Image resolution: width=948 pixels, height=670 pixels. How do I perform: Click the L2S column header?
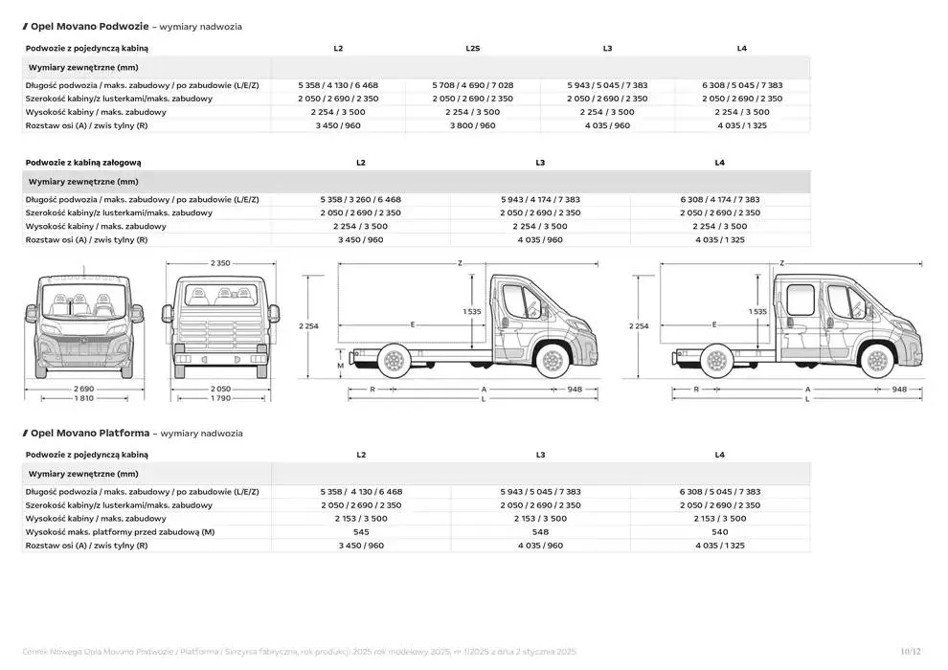(473, 48)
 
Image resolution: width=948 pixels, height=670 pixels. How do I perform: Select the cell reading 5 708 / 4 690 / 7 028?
(473, 85)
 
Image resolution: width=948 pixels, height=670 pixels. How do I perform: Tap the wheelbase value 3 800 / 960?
(473, 125)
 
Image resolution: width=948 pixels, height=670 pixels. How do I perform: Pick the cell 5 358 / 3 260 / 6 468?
(360, 199)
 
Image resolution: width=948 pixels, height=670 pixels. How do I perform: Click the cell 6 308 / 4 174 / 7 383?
(720, 199)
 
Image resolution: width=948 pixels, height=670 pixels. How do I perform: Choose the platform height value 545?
(360, 531)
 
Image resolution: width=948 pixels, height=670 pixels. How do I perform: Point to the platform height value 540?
(720, 531)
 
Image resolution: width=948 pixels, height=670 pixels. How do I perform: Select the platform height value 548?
(540, 531)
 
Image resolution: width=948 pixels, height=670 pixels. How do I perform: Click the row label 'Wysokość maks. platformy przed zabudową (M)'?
(120, 531)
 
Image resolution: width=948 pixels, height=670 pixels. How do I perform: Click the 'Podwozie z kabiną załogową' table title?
(83, 163)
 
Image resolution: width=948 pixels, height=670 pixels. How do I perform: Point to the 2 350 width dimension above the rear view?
(220, 263)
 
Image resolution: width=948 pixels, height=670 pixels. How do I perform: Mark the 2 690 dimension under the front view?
(84, 388)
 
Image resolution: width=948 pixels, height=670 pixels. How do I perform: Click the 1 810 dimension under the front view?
(84, 398)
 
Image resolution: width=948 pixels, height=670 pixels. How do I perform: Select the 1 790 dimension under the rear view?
(220, 398)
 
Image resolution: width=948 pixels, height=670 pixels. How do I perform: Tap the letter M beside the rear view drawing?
(340, 366)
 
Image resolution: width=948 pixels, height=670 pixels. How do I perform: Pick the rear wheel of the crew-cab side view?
(714, 361)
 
